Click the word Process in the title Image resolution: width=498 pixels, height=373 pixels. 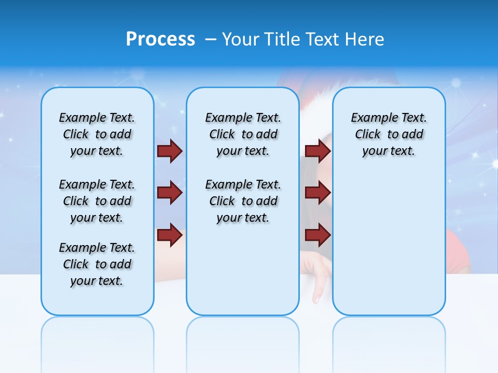tap(160, 39)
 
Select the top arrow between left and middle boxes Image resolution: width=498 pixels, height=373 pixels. tap(170, 151)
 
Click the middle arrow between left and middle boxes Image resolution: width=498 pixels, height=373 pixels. tap(170, 193)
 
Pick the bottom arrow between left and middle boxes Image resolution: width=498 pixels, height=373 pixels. tap(170, 235)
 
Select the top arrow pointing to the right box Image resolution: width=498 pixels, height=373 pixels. tap(317, 151)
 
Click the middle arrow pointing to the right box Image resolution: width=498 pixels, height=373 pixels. tap(317, 193)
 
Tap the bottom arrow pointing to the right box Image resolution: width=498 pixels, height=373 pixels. tap(317, 235)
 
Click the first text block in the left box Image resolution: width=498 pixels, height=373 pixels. tap(97, 134)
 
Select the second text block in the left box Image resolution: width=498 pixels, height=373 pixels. tap(97, 201)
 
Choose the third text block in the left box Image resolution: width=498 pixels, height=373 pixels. tap(97, 264)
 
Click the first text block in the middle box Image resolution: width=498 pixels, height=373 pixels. tap(243, 134)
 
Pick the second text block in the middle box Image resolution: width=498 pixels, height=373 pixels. tap(243, 201)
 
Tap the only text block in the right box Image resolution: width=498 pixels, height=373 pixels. tap(389, 134)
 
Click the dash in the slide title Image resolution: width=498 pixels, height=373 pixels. tap(211, 39)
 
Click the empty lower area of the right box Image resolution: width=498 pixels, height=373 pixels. tap(389, 249)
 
